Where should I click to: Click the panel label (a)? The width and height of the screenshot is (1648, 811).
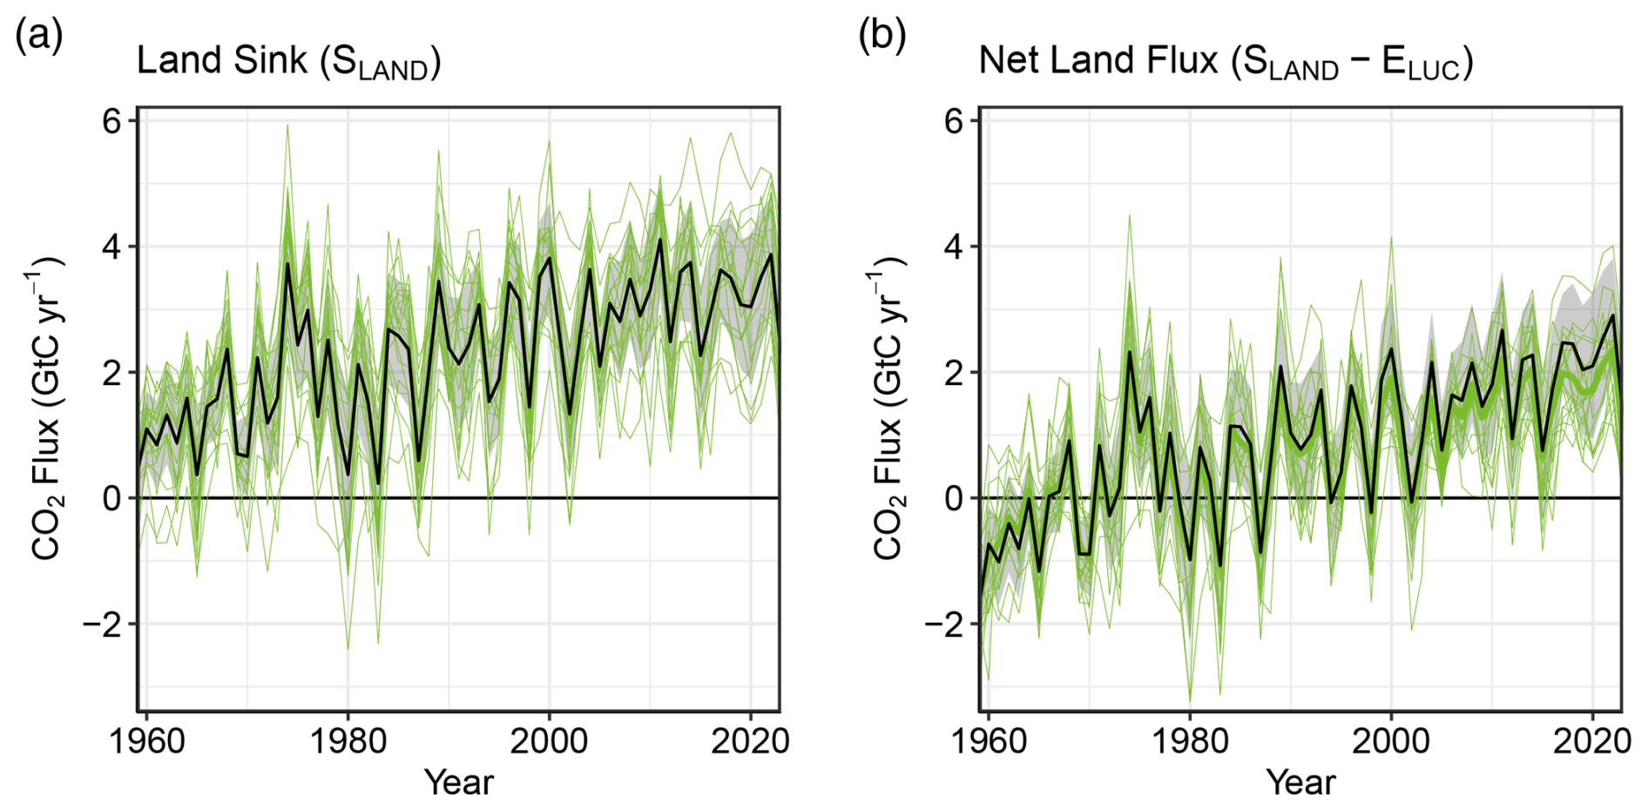38,37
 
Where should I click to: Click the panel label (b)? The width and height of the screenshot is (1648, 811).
881,37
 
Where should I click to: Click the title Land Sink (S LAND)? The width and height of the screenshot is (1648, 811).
288,62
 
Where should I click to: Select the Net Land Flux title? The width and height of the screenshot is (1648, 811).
1226,62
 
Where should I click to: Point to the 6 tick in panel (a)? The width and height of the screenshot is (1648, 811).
111,121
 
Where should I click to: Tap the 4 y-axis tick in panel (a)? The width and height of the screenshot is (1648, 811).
111,247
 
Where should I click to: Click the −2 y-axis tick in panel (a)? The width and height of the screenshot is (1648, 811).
103,625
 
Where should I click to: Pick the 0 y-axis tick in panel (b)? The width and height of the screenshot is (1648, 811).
955,498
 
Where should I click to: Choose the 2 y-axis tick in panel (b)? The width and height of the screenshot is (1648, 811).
955,373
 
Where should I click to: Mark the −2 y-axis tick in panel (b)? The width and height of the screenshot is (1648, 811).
945,625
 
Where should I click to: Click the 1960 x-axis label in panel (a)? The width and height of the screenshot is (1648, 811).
146,741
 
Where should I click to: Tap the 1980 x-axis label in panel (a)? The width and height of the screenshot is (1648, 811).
348,741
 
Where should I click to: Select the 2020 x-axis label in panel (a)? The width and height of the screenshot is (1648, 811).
750,741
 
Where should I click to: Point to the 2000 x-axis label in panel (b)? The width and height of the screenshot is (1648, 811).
1390,741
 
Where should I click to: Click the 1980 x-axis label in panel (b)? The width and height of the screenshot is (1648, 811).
1190,741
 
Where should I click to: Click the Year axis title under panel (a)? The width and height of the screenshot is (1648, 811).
459,782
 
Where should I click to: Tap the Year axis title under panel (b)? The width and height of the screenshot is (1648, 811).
1300,782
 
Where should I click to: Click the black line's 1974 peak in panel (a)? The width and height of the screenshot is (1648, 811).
287,264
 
